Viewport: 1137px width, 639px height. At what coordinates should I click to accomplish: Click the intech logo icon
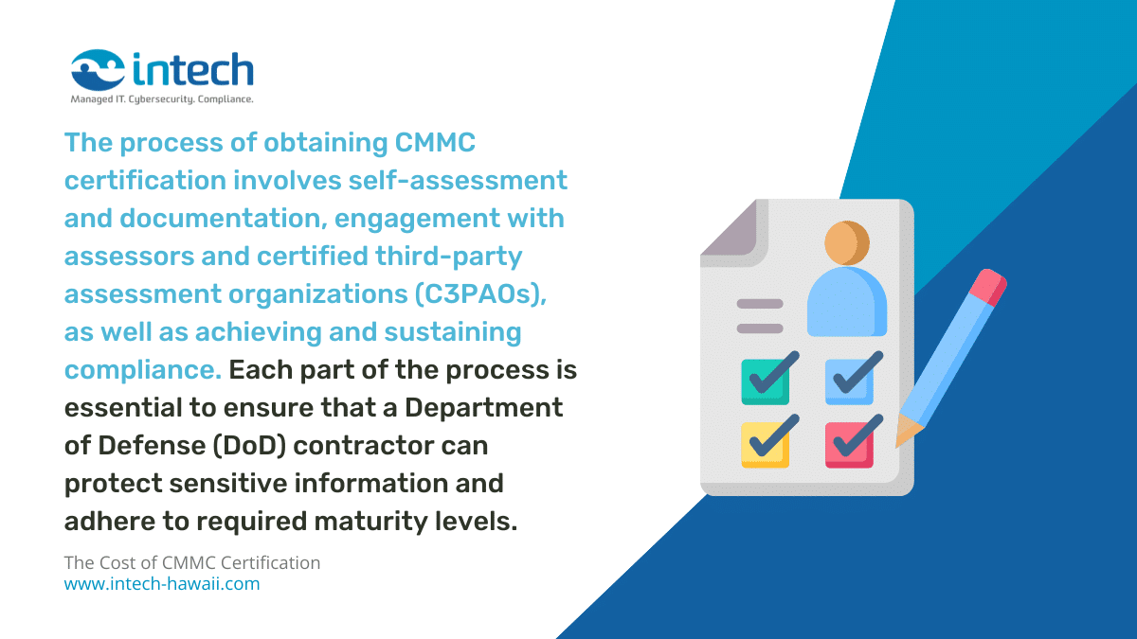[x=98, y=69]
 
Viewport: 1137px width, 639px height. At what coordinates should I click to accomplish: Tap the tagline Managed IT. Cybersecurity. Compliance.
[x=162, y=98]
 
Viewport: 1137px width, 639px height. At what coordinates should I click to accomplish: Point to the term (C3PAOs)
[x=480, y=294]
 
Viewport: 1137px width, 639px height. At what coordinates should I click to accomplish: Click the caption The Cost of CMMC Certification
[x=192, y=562]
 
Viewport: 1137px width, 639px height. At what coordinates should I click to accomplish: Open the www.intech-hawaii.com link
[x=162, y=584]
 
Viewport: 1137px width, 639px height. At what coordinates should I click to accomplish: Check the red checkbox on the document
[x=849, y=442]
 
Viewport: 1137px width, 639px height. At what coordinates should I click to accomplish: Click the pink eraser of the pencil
[x=987, y=285]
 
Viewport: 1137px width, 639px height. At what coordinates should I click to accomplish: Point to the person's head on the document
[x=846, y=242]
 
